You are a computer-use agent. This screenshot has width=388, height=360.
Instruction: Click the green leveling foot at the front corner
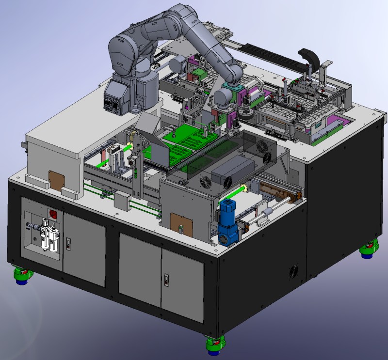coord(214,345)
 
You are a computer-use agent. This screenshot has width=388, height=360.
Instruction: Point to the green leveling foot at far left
coord(22,276)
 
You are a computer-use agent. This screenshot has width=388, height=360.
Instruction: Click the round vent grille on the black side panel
coord(293,272)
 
